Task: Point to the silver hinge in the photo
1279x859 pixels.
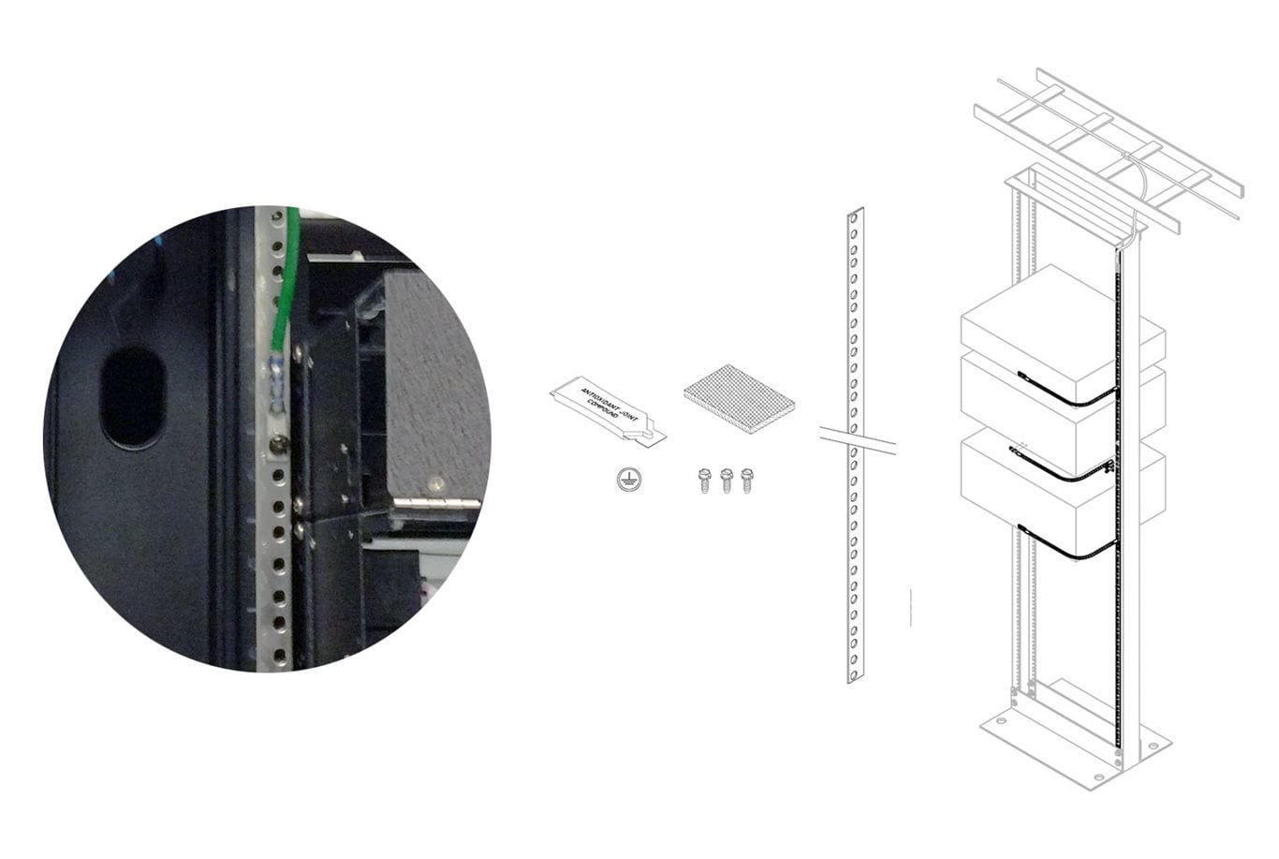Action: click(435, 504)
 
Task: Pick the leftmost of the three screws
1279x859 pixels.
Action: click(705, 481)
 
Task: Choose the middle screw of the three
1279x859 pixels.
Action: click(726, 481)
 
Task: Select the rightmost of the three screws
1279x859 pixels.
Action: click(746, 481)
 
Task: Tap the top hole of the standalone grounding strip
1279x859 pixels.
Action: click(855, 218)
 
